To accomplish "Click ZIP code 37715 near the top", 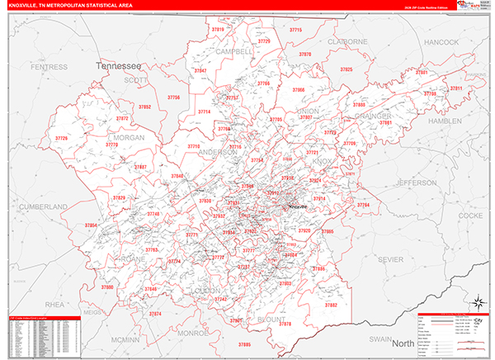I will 295,30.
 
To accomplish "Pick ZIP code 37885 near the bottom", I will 244,343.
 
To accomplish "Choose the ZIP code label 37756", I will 173,97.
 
